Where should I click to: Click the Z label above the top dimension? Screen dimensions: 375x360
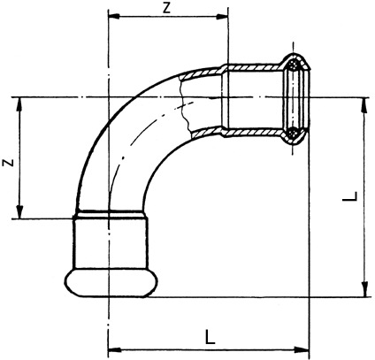click(167, 8)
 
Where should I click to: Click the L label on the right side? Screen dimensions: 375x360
click(350, 196)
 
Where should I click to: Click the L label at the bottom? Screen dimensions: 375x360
click(210, 337)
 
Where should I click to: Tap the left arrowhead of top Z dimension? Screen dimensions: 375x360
click(114, 17)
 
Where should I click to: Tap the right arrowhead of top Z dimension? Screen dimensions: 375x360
click(222, 17)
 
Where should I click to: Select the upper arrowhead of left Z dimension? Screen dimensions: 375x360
click(19, 103)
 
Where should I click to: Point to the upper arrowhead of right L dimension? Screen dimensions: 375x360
click(365, 104)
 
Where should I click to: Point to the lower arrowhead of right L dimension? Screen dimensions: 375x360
click(365, 289)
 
